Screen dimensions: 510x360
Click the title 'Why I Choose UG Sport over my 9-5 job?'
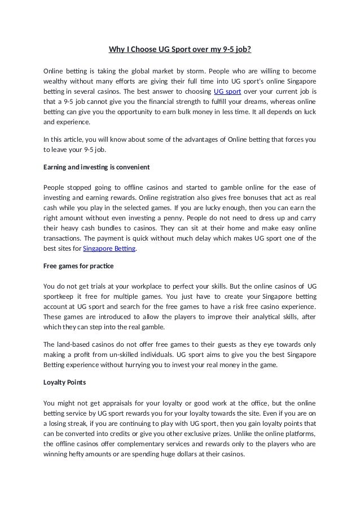point(179,49)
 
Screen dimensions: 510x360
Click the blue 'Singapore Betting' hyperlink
point(109,249)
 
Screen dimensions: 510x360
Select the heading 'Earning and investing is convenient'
point(96,168)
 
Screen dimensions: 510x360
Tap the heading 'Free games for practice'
point(78,265)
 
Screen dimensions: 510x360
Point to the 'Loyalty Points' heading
point(65,382)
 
